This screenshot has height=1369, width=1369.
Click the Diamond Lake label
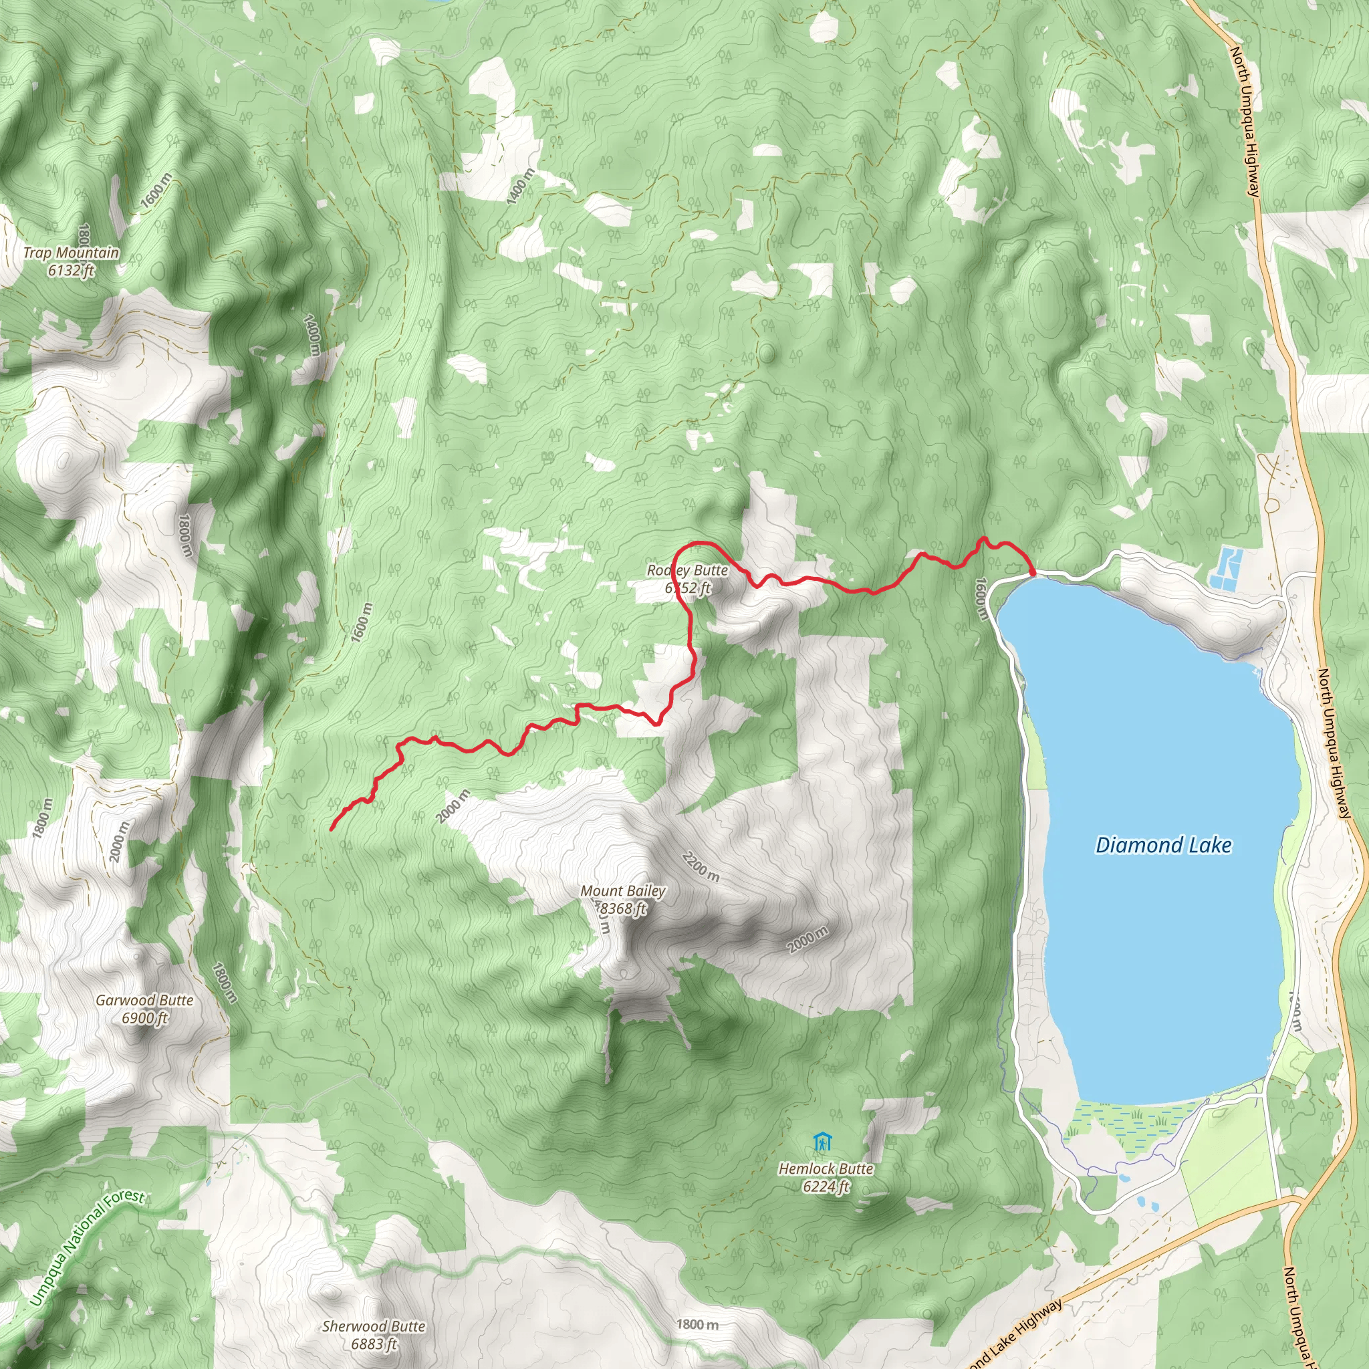[x=1163, y=845]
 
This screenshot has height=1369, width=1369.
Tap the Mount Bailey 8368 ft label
[x=623, y=899]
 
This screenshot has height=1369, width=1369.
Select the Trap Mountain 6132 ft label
[x=71, y=261]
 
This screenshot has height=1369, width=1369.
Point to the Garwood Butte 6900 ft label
[x=144, y=1008]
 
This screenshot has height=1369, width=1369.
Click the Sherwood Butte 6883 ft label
[x=374, y=1334]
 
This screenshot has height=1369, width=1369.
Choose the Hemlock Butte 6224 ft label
[x=826, y=1177]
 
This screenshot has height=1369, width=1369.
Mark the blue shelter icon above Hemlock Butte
[x=822, y=1142]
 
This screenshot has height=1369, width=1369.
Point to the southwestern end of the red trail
[x=332, y=828]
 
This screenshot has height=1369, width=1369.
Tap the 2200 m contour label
[x=701, y=866]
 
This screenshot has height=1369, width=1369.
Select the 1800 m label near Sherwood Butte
[x=697, y=1324]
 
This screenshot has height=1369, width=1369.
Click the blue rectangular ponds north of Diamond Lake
[x=1227, y=570]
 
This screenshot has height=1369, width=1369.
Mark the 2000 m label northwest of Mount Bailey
[x=453, y=806]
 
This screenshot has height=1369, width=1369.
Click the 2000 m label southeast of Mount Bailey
[x=807, y=940]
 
